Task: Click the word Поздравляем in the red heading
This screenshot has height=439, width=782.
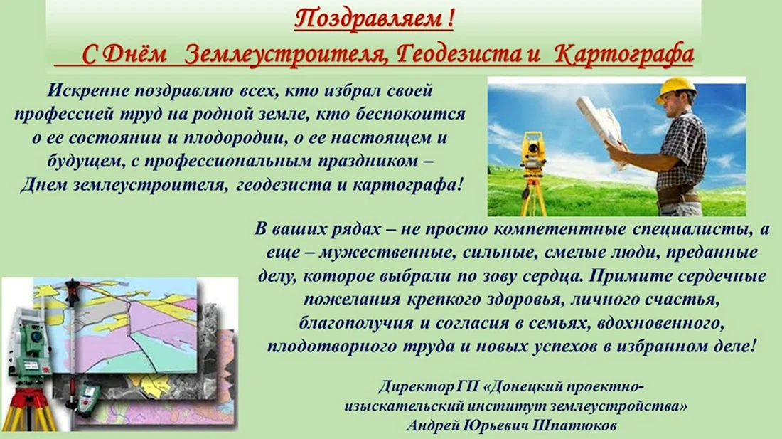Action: [x=367, y=20]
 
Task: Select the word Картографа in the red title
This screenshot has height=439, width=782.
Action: [x=624, y=54]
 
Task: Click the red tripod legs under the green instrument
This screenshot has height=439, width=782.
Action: [x=29, y=409]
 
